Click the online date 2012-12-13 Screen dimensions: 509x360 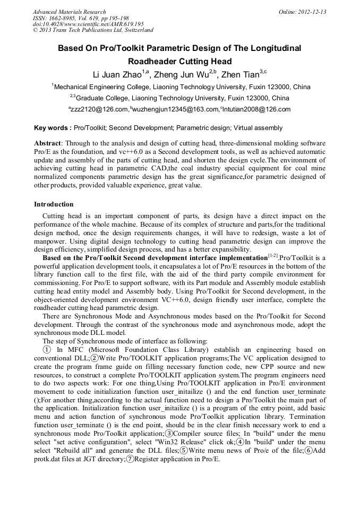(312, 12)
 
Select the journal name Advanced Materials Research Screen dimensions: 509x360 (69, 12)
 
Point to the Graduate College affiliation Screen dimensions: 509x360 (181, 98)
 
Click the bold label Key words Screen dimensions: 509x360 (53, 128)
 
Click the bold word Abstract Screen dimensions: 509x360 (48, 144)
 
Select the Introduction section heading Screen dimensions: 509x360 (54, 204)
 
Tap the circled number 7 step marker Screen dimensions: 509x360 (130, 458)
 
